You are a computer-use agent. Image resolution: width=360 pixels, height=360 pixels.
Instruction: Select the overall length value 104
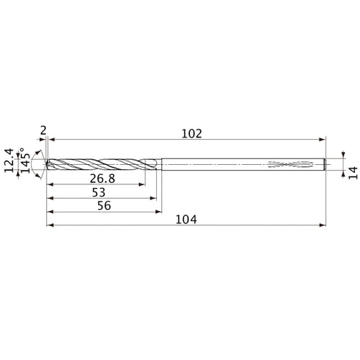tap(186, 218)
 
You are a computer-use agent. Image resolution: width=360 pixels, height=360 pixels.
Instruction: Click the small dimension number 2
tap(44, 130)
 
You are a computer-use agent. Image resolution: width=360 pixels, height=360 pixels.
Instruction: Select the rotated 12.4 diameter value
tap(9, 163)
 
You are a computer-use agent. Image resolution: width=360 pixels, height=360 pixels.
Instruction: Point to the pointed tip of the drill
tap(47, 164)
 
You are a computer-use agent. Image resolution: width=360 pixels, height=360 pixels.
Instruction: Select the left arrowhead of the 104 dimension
tap(49, 225)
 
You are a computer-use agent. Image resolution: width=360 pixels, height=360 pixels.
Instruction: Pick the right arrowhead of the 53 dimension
tap(153, 198)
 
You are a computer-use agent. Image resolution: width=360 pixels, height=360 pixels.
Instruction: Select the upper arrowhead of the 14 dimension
tap(343, 155)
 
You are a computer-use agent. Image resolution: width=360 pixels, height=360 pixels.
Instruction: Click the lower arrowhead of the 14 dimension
tap(343, 174)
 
